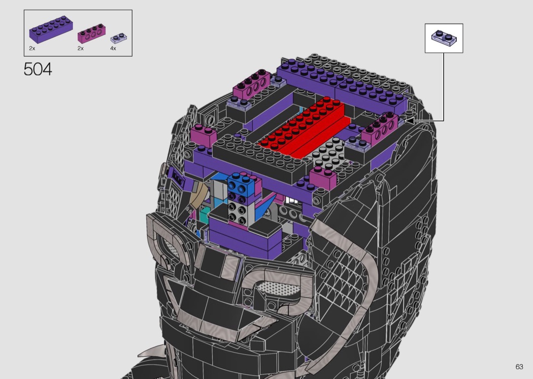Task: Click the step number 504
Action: (38, 70)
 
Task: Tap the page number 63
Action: (519, 367)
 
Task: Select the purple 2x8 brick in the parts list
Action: (51, 29)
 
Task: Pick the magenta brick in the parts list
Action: (91, 34)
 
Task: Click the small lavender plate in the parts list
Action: (119, 38)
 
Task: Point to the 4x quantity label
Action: (113, 49)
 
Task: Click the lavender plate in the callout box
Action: (444, 38)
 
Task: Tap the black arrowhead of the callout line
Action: (409, 120)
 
